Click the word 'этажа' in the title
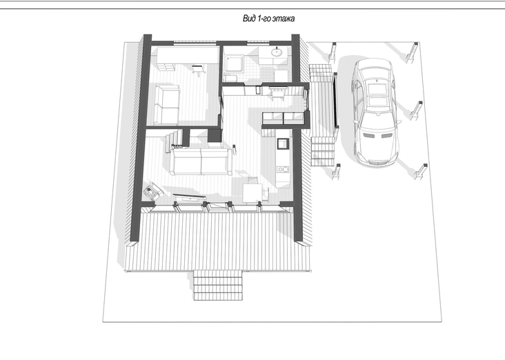click(x=283, y=19)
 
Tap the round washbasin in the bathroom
click(x=277, y=52)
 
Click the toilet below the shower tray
click(x=230, y=78)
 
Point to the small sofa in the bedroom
click(x=167, y=104)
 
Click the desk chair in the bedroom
click(x=199, y=70)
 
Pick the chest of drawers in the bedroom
click(x=166, y=66)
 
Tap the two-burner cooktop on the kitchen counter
click(x=283, y=169)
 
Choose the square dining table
click(x=253, y=192)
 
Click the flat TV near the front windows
click(x=189, y=196)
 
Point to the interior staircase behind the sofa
click(x=175, y=139)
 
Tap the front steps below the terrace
click(x=218, y=286)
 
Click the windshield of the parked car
click(x=377, y=121)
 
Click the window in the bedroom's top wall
click(x=195, y=42)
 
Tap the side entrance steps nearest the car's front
click(x=324, y=150)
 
